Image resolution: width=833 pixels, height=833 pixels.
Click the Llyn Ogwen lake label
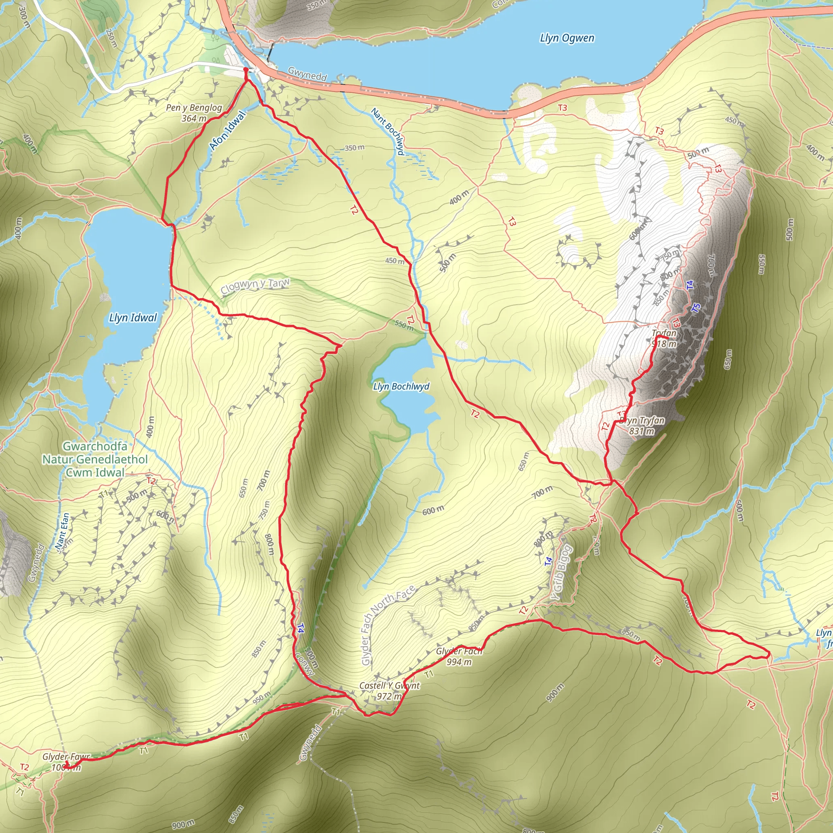pyautogui.click(x=567, y=38)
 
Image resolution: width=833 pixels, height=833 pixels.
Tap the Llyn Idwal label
pyautogui.click(x=133, y=318)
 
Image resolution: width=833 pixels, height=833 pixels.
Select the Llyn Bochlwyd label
pyautogui.click(x=401, y=386)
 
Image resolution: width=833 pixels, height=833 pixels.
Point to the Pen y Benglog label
pyautogui.click(x=194, y=108)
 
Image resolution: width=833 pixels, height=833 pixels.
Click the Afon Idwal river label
pyautogui.click(x=227, y=131)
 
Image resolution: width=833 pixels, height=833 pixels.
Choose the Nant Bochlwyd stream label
pyautogui.click(x=388, y=131)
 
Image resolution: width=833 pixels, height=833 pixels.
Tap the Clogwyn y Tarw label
pyautogui.click(x=255, y=286)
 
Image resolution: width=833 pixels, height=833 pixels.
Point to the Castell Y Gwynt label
pyautogui.click(x=389, y=685)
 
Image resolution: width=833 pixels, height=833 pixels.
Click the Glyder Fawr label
pyautogui.click(x=66, y=757)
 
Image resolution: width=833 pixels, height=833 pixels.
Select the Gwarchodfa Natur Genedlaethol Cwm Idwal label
pyautogui.click(x=95, y=459)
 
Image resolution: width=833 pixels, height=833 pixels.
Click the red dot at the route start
pyautogui.click(x=246, y=70)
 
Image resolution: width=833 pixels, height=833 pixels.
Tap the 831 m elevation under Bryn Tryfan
pyautogui.click(x=641, y=431)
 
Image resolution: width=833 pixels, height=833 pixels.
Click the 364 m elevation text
pyautogui.click(x=194, y=118)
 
